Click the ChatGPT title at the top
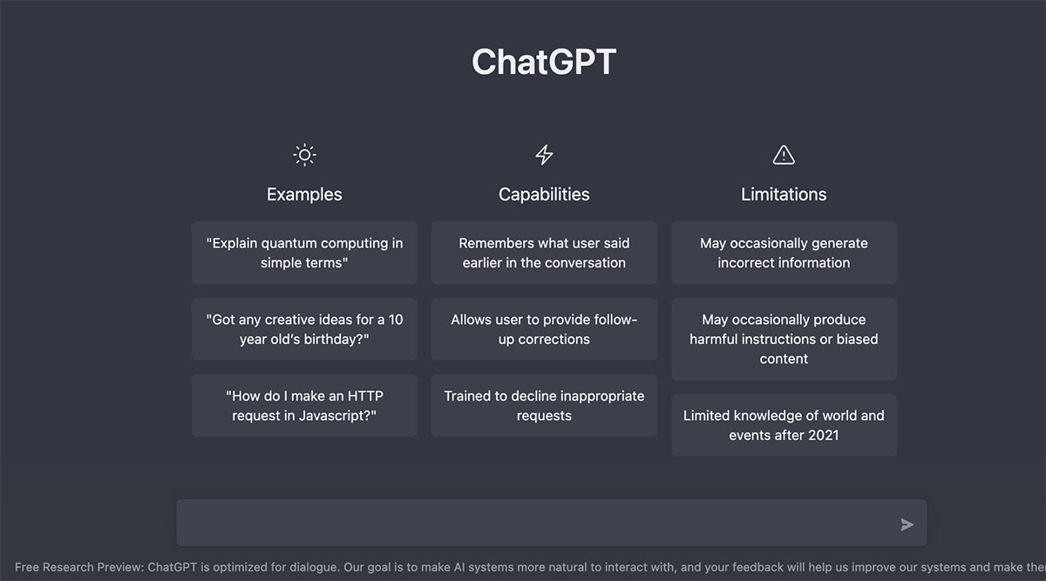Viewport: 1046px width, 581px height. [x=544, y=63]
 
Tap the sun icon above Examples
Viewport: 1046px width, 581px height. [x=304, y=156]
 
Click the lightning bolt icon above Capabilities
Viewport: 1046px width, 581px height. [x=544, y=155]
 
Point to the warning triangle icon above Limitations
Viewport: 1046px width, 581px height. [x=784, y=155]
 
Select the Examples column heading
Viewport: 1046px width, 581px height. [x=304, y=194]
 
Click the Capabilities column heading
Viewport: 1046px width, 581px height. [x=544, y=194]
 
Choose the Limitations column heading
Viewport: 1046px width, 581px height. [x=784, y=194]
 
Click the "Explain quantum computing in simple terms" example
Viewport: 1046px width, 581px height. [x=304, y=253]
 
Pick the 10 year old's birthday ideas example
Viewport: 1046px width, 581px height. [x=304, y=329]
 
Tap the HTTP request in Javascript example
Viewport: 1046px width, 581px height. [x=304, y=406]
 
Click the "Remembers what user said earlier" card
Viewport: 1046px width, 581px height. [x=544, y=253]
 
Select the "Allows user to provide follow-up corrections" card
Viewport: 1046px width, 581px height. [x=544, y=329]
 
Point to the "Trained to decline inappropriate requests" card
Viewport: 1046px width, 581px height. [x=544, y=406]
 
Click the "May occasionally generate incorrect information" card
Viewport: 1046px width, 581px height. [x=784, y=253]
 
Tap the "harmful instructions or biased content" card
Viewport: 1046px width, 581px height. [x=784, y=339]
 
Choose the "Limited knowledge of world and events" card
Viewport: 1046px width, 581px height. [x=784, y=425]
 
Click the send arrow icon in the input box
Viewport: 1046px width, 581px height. [x=907, y=524]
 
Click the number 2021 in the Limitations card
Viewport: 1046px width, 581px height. [x=823, y=436]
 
